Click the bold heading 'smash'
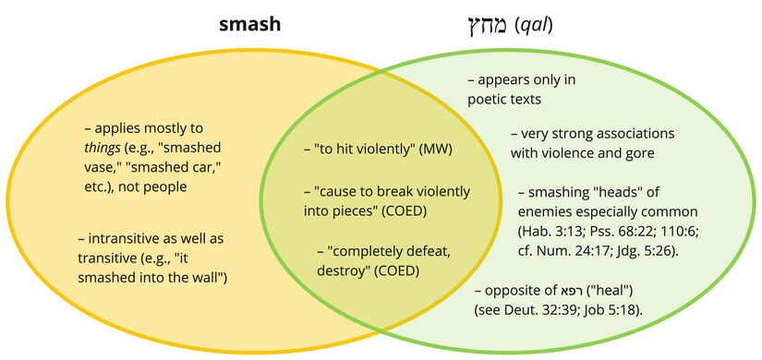click(249, 24)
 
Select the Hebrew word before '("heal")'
click(570, 291)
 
